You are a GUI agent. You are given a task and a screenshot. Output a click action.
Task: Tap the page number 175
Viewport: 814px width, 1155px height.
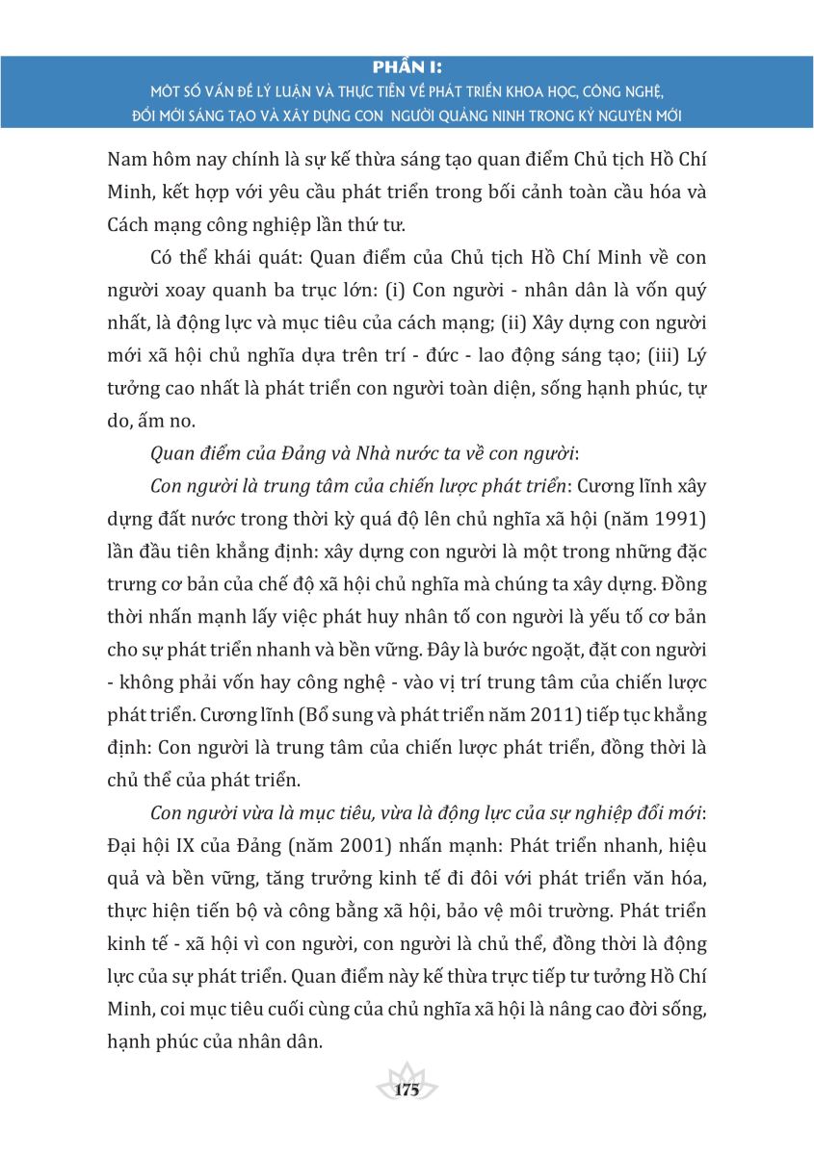click(x=407, y=1090)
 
